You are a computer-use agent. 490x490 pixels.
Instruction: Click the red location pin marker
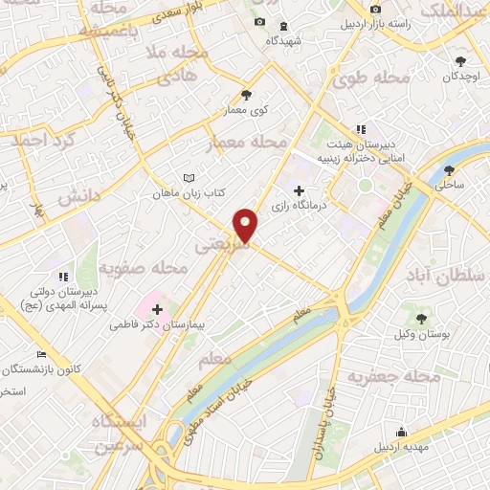pyautogui.click(x=246, y=225)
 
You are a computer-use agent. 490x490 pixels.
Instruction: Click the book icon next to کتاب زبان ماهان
pyautogui.click(x=189, y=178)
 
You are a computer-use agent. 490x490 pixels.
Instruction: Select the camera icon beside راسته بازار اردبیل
pyautogui.click(x=374, y=23)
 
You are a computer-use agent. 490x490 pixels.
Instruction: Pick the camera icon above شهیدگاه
pyautogui.click(x=259, y=22)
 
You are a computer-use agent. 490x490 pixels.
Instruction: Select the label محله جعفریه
pyautogui.click(x=408, y=376)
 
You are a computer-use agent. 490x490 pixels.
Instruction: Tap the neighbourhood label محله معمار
pyautogui.click(x=249, y=142)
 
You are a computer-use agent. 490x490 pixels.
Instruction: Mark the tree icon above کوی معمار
pyautogui.click(x=247, y=94)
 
